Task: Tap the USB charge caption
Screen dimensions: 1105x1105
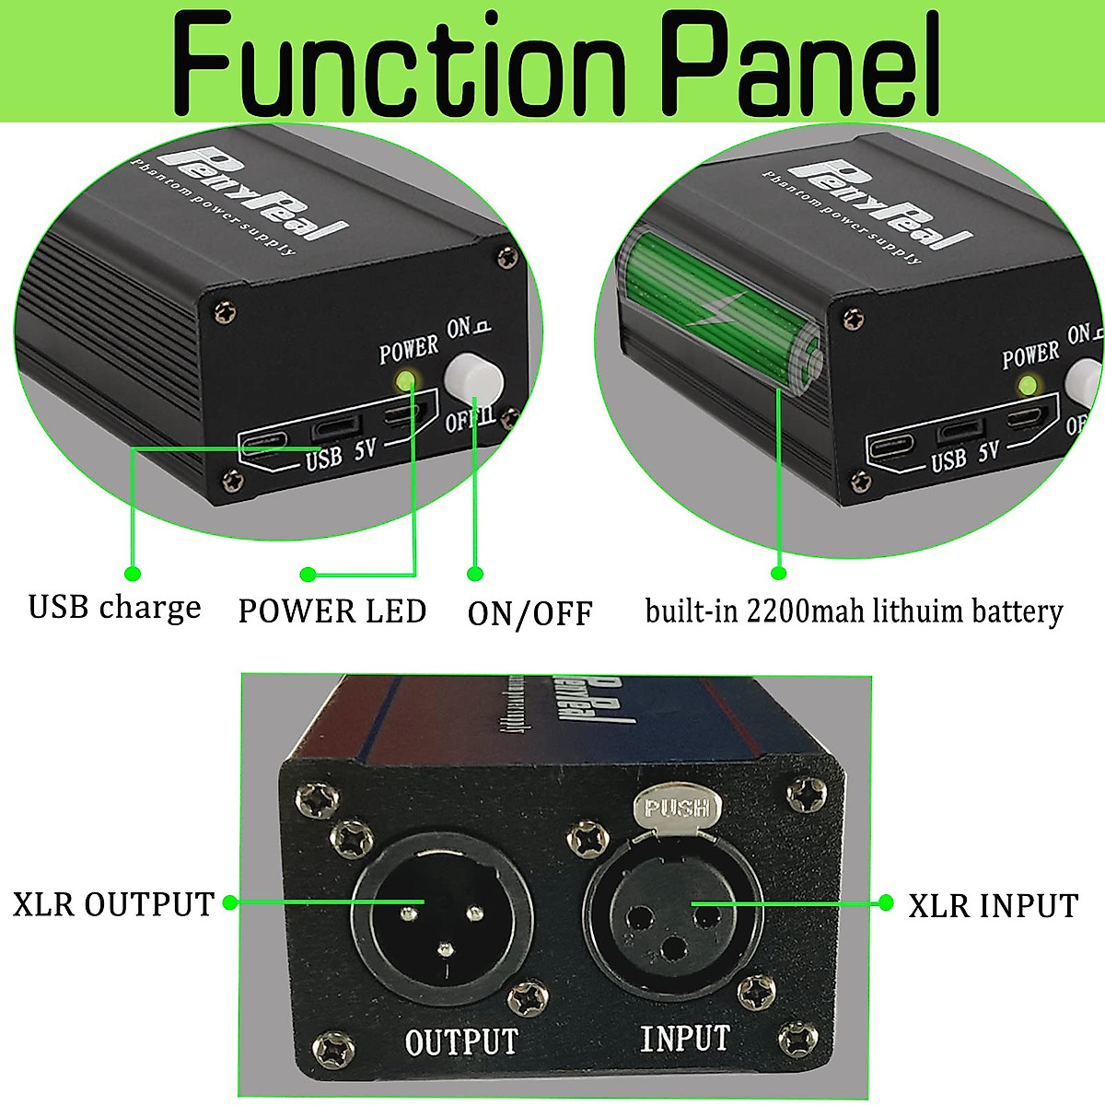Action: (x=114, y=609)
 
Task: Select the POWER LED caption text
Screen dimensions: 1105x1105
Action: (x=332, y=611)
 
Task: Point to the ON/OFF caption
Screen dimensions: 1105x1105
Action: (x=529, y=614)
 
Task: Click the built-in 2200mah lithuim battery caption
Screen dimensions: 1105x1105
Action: (x=854, y=611)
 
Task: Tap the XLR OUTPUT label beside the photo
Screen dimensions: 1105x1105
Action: (x=113, y=904)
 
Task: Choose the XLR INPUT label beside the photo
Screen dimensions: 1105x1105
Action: (x=993, y=906)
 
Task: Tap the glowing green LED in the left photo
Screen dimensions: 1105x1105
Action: (x=404, y=379)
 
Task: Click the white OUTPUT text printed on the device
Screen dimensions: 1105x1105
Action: (x=461, y=1041)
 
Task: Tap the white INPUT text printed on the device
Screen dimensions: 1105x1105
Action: (x=685, y=1039)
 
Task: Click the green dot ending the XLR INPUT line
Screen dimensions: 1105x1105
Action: (x=887, y=902)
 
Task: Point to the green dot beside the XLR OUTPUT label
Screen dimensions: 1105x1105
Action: (x=230, y=902)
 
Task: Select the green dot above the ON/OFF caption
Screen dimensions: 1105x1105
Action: (x=475, y=574)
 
